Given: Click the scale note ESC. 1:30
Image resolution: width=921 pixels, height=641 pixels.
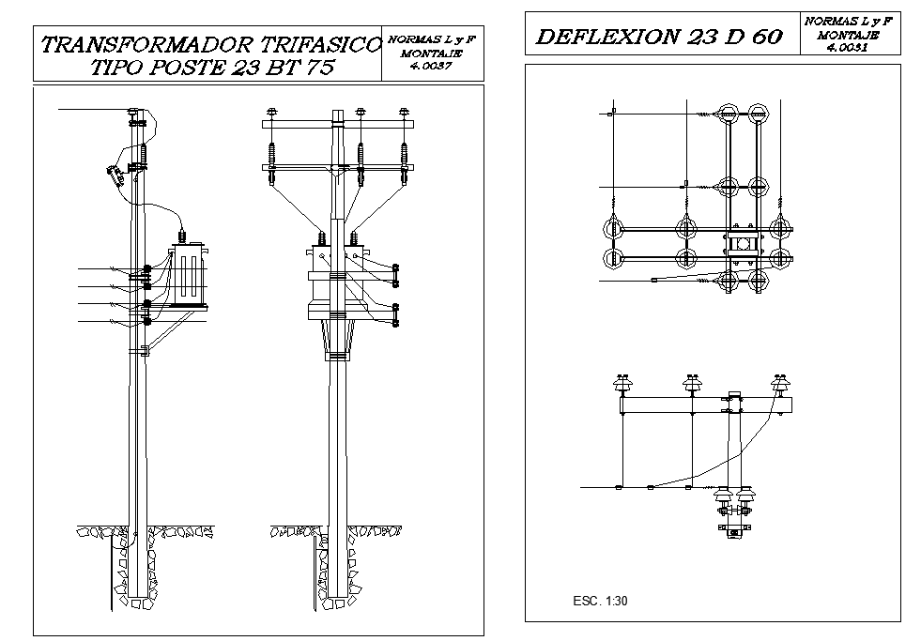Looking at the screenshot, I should pyautogui.click(x=599, y=601).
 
